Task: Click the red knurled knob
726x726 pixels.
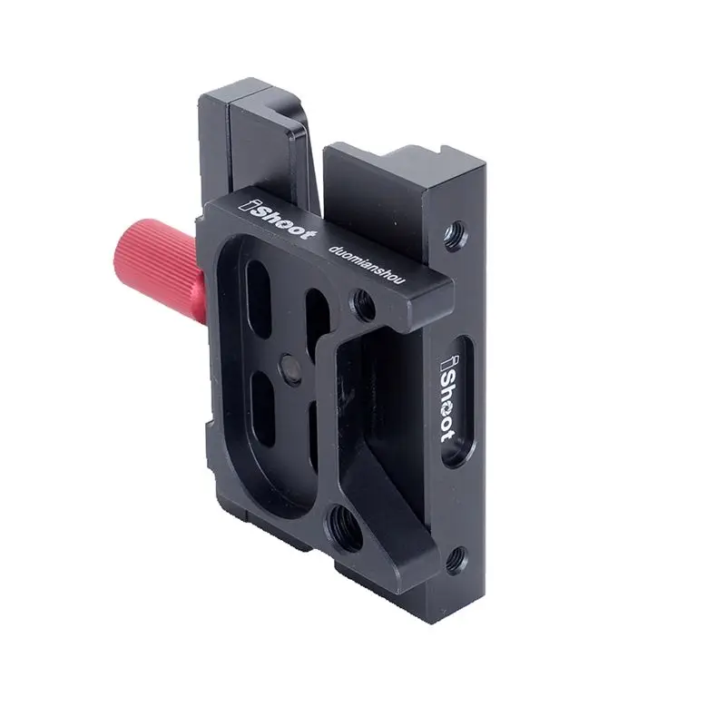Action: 160,270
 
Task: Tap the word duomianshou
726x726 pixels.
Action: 367,265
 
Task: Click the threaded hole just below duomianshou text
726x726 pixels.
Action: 363,306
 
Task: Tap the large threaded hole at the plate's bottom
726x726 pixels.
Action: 344,527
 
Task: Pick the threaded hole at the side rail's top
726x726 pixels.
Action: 456,235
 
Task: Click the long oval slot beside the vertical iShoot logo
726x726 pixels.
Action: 458,401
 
